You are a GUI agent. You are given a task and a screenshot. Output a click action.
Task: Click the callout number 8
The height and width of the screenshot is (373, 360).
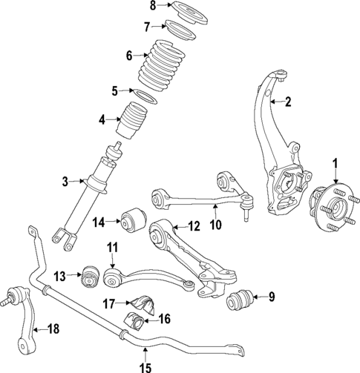pyautogui.click(x=152, y=6)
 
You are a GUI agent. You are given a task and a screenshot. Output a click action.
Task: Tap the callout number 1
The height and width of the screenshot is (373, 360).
pyautogui.click(x=335, y=163)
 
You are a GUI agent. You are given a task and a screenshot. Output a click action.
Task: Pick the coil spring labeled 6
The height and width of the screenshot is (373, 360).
pyautogui.click(x=162, y=63)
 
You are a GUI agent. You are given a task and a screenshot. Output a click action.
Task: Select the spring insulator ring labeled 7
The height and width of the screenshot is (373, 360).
pyautogui.click(x=177, y=32)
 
